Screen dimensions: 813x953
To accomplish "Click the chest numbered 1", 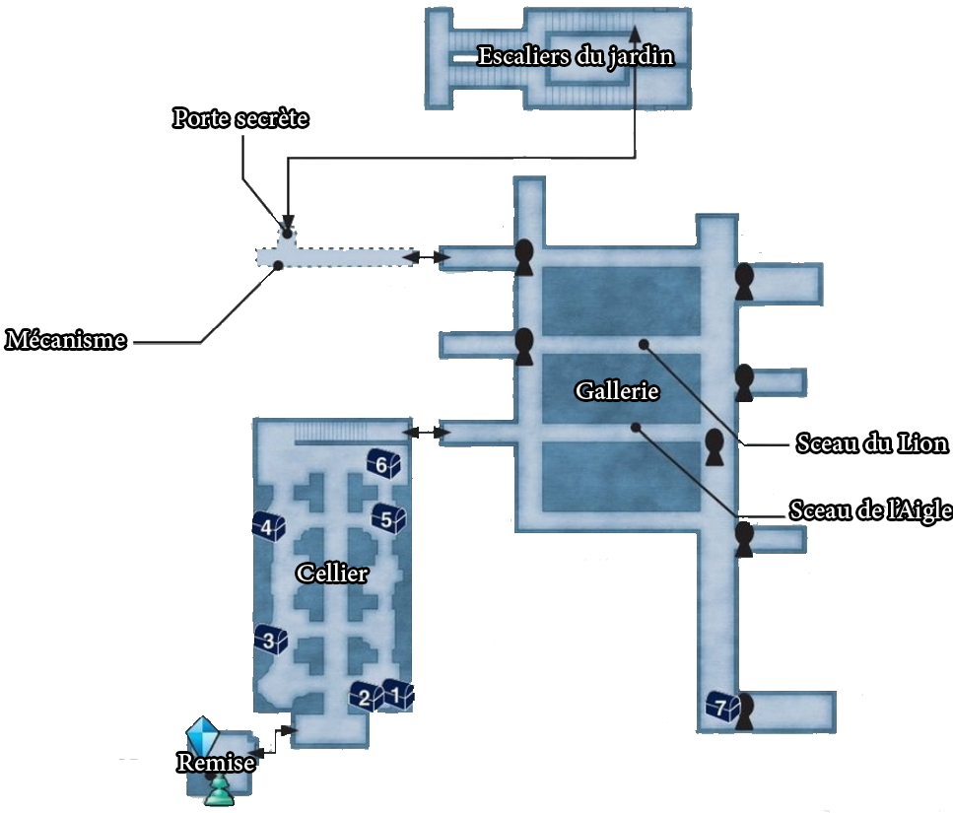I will (398, 694).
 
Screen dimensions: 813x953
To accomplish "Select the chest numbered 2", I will (366, 697).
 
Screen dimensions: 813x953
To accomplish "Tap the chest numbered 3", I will (270, 641).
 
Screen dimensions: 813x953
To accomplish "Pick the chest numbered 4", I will (268, 527).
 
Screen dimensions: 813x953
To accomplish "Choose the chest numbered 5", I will (387, 518).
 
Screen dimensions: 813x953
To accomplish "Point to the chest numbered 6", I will (382, 463).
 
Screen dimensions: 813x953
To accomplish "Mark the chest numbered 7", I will (721, 706).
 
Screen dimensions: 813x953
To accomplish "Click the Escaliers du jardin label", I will (576, 56).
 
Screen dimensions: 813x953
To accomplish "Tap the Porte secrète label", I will (241, 118).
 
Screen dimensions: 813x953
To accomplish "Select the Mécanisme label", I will (67, 341).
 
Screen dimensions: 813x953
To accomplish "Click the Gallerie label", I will (617, 391).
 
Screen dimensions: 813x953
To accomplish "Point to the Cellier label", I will (333, 574).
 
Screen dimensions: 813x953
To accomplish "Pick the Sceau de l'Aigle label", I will (870, 510).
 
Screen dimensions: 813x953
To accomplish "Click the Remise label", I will (217, 762).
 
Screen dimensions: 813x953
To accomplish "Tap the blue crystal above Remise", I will (203, 734).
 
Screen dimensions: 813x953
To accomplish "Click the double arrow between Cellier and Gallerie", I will (422, 432).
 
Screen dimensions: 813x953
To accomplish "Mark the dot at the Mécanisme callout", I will (278, 264).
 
